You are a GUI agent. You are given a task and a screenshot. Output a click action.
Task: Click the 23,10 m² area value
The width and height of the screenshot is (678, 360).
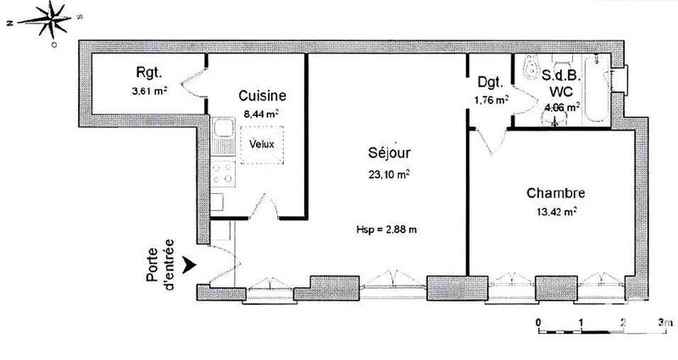(390, 174)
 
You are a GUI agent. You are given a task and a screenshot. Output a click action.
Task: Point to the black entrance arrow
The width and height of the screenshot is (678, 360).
(192, 266)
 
